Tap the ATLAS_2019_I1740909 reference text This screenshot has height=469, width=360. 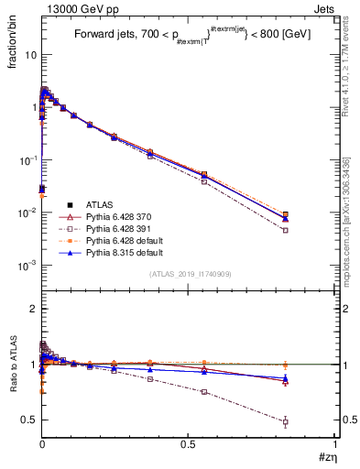point(189,274)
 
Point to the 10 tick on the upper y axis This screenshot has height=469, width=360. point(28,54)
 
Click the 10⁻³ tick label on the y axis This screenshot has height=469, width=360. point(26,265)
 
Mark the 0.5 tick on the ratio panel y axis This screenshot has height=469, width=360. point(28,420)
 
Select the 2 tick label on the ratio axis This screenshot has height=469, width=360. point(32,309)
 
